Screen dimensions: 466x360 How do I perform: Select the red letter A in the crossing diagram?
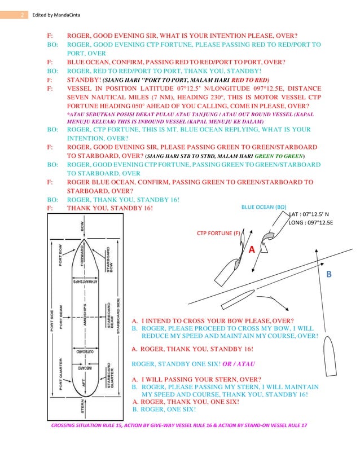(x=251, y=249)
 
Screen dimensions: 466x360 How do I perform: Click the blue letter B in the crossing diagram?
(x=329, y=274)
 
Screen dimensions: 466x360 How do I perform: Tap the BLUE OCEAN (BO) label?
(x=264, y=207)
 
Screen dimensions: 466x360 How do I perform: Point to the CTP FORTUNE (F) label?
(x=218, y=231)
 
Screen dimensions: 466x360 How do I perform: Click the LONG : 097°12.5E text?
(x=310, y=223)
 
